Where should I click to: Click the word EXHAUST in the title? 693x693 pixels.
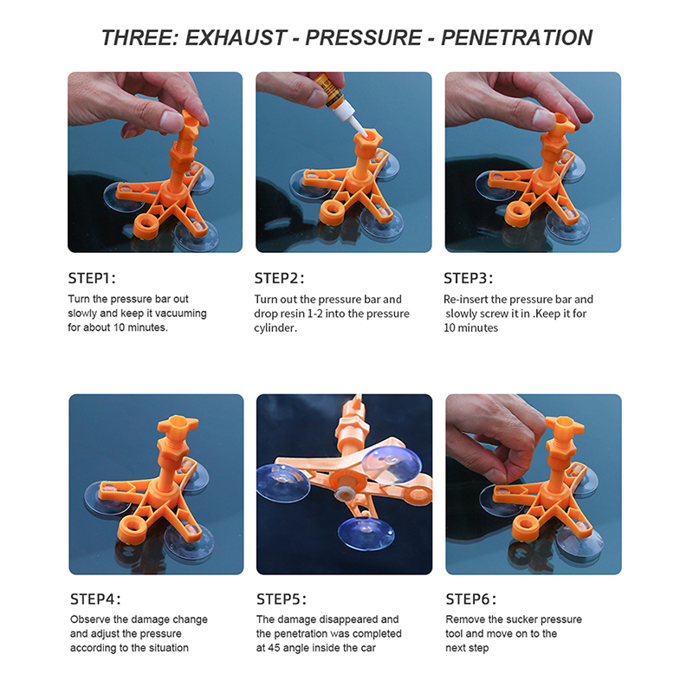pos(236,38)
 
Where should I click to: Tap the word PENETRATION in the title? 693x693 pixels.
pos(516,38)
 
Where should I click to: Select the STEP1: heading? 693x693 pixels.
pos(92,278)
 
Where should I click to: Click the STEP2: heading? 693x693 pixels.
pos(279,278)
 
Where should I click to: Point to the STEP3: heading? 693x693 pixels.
pos(469,278)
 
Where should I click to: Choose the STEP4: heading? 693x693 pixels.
pos(95,599)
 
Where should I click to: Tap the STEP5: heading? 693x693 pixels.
pos(282,599)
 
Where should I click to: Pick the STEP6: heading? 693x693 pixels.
pos(470,599)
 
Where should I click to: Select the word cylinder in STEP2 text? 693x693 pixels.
pos(275,328)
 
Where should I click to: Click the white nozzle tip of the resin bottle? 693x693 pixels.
pos(360,132)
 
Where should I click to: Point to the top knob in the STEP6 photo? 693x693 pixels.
pos(564,426)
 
